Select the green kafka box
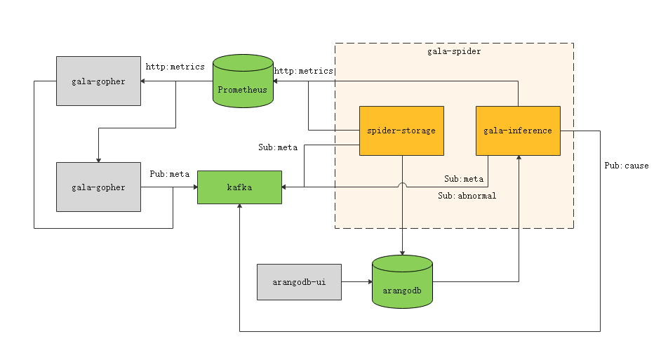pos(239,187)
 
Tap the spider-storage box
pos(401,131)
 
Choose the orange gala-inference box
pos(518,131)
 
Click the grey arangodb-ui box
pos(299,282)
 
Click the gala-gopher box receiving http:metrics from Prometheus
pos(98,81)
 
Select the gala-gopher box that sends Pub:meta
pos(98,187)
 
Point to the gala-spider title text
pos(454,51)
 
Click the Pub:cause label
pos(627,166)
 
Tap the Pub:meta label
pos(170,174)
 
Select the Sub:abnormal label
pos(467,196)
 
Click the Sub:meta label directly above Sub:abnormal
pos(463,179)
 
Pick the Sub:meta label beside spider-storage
pos(278,147)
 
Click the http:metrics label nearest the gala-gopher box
pos(175,67)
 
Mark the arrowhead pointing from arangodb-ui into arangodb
pos(368,282)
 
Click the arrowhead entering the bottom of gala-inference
pos(519,159)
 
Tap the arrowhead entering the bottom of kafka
pos(239,208)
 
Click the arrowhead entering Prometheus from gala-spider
pos(276,81)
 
